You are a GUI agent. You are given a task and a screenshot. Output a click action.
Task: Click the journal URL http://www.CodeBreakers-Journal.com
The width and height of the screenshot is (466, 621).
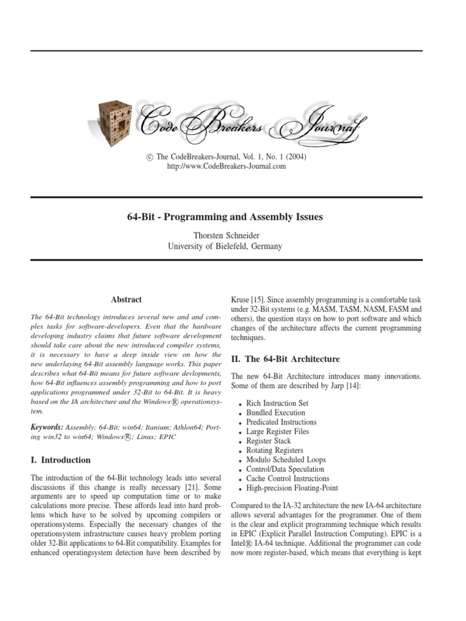(x=226, y=167)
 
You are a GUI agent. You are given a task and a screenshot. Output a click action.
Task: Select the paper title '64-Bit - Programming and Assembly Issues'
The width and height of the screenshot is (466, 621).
(x=224, y=217)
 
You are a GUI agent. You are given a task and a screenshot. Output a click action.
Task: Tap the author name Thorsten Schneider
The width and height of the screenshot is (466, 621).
(x=224, y=235)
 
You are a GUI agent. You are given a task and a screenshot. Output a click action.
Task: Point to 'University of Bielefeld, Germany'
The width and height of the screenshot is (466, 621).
(x=224, y=246)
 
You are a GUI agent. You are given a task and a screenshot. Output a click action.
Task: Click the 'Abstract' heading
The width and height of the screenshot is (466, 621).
(x=126, y=299)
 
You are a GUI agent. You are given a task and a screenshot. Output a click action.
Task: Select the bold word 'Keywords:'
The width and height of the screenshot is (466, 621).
(x=47, y=427)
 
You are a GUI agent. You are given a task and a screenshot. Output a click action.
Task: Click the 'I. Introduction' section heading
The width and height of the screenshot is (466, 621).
(x=60, y=460)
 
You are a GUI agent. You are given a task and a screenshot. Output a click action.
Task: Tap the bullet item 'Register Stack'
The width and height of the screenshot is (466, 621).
(x=268, y=441)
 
